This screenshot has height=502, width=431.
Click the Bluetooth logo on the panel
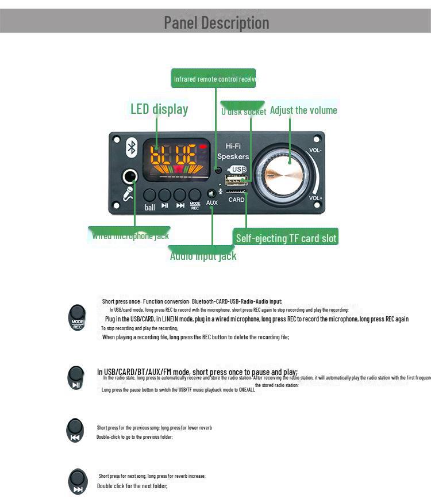tap(132, 148)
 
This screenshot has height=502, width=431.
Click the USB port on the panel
tap(236, 181)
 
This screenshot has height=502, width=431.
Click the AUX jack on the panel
tap(211, 194)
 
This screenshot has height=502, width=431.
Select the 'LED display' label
tap(159, 109)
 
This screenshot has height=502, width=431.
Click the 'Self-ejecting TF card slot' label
tap(286, 237)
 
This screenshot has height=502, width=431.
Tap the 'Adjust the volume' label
tap(303, 110)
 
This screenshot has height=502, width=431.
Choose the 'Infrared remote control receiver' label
tap(213, 79)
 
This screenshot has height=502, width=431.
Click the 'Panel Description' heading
tap(216, 22)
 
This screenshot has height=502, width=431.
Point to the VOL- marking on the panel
tap(315, 150)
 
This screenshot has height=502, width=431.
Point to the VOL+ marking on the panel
tap(315, 198)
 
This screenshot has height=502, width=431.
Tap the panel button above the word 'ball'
tap(150, 195)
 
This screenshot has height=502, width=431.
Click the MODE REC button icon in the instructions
tap(78, 317)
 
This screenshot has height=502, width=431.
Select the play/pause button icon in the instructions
tap(76, 377)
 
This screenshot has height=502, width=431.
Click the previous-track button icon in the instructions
tap(75, 430)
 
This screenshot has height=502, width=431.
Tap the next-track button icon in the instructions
tap(78, 482)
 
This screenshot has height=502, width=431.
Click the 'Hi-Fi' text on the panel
tap(233, 147)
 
